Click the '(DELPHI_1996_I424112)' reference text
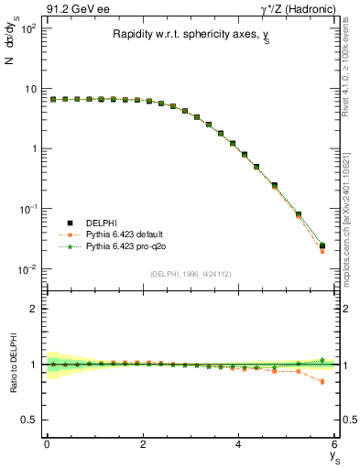click(191, 274)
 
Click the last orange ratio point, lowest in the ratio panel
click(322, 382)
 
